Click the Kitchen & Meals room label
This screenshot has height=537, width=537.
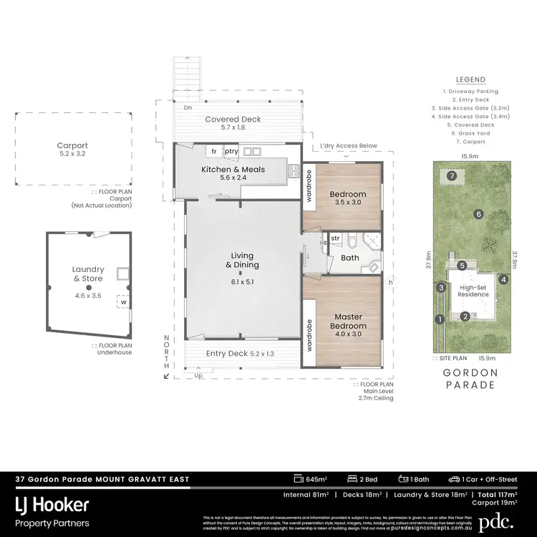(x=233, y=169)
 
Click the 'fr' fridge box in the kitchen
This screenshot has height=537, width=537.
(x=213, y=152)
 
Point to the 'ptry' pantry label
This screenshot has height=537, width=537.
(x=231, y=152)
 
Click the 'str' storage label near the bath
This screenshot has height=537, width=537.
(x=334, y=238)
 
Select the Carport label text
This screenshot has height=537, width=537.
(x=72, y=145)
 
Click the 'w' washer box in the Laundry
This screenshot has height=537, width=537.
(x=123, y=302)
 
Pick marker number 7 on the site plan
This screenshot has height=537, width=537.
(x=451, y=175)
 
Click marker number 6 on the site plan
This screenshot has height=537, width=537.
(x=477, y=213)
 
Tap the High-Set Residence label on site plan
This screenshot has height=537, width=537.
(x=473, y=289)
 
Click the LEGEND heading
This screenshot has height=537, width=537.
(x=470, y=79)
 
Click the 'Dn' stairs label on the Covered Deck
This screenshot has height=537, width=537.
(x=188, y=107)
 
